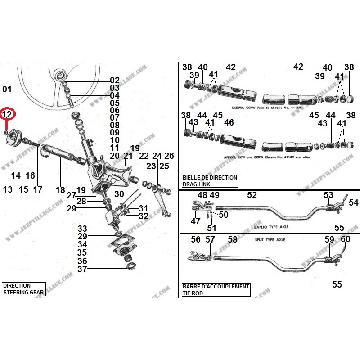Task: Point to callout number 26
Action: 169,156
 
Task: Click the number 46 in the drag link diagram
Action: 229,122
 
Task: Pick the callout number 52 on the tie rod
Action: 252,195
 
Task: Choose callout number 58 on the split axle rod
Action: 233,240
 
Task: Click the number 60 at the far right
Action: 345,239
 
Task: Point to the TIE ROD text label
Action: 193,293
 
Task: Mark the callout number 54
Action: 353,203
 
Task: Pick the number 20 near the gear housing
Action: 115,156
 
